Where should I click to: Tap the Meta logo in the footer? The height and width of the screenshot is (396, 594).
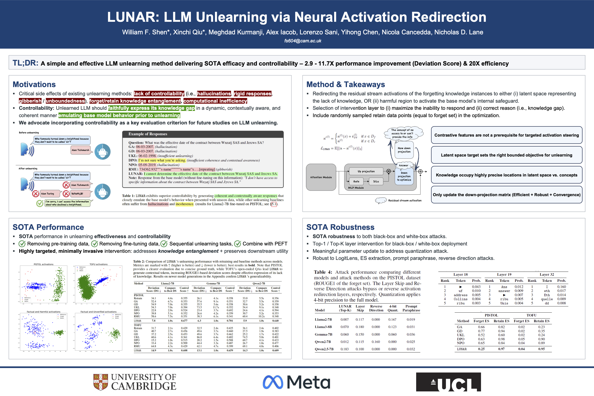pos(296,382)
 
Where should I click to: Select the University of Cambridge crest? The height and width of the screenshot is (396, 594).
pos(101,382)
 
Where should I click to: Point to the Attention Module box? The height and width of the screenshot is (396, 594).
pos(321,177)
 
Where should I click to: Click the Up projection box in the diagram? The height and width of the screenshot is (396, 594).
pos(366,171)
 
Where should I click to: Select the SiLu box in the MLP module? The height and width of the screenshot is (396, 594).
pos(376,181)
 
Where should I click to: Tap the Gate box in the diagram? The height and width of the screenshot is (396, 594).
pos(356,181)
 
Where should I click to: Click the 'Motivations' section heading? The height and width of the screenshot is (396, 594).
pos(34,84)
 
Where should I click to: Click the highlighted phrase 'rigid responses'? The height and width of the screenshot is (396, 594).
pos(252,94)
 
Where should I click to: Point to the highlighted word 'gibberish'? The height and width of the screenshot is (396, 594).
pos(30,101)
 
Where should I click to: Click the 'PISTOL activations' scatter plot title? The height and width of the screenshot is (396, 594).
pos(44,264)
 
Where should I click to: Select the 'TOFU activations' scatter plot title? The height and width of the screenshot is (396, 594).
pos(99,264)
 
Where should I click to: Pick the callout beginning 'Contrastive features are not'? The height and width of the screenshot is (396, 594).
pos(506,135)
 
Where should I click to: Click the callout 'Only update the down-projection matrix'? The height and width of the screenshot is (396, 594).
pos(506,195)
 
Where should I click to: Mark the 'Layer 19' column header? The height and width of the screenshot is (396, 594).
pos(504,275)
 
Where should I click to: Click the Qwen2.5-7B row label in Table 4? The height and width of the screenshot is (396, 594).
pos(324,349)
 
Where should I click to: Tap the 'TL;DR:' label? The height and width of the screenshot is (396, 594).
pos(25,63)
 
